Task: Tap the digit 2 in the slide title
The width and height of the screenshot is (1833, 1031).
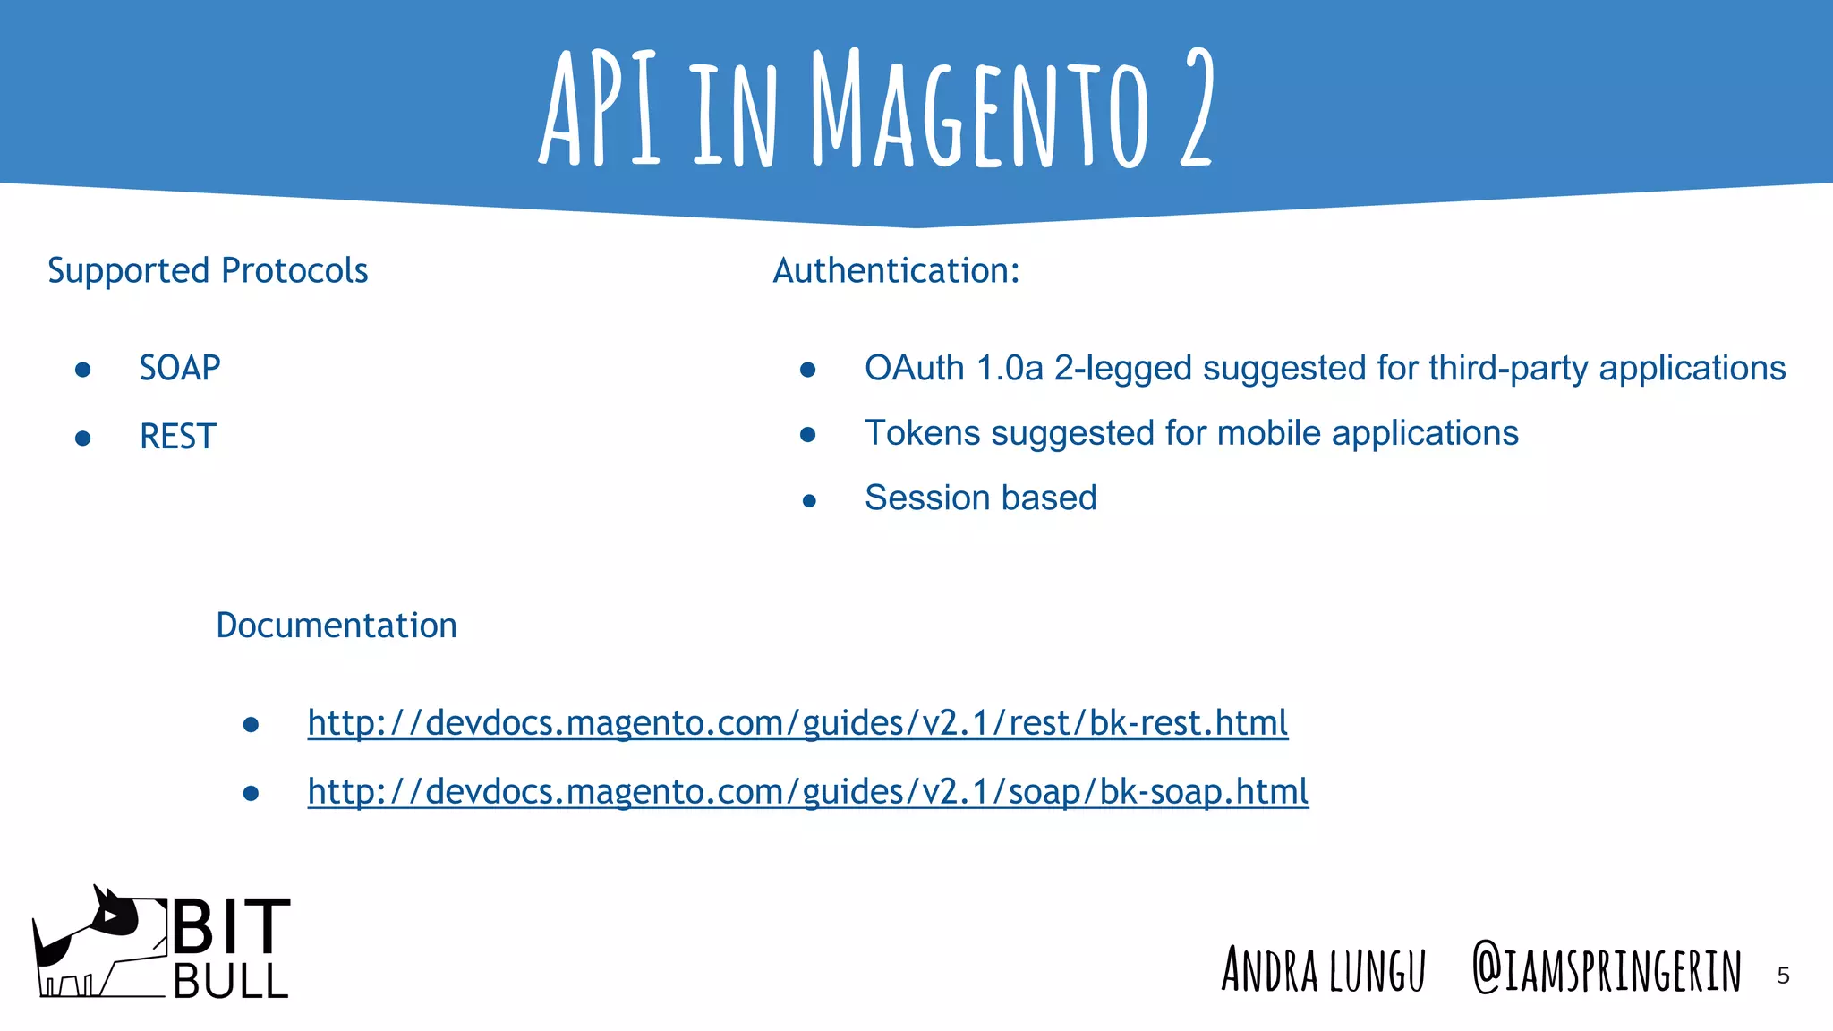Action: [x=1197, y=109]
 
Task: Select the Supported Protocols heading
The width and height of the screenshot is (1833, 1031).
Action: [x=208, y=270]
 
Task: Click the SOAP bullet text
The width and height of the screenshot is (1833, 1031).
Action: [x=180, y=368]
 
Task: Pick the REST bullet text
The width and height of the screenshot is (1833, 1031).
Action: [x=178, y=437]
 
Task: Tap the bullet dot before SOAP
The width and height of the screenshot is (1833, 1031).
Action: [x=83, y=370]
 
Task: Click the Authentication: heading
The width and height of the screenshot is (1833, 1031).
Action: [x=896, y=270]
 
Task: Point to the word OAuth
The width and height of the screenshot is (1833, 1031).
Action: [x=914, y=368]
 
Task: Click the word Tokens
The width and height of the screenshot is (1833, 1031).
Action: [x=922, y=433]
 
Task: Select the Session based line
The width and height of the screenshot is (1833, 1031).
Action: [x=980, y=498]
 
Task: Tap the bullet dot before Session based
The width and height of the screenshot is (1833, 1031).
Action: [x=809, y=501]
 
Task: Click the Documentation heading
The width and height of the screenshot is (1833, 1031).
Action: [x=337, y=625]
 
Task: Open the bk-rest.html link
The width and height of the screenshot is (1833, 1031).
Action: [x=797, y=722]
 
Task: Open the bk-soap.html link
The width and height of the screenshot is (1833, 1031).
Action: [x=807, y=791]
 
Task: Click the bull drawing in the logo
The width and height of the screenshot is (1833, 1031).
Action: [x=94, y=944]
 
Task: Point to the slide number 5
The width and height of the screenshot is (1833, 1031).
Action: [x=1783, y=976]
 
